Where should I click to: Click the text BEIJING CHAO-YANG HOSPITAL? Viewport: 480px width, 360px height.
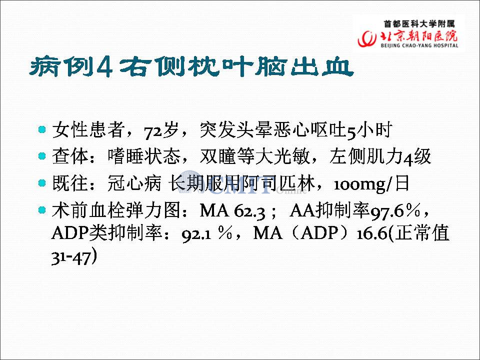pyautogui.click(x=419, y=45)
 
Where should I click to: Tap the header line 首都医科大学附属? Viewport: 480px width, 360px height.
pyautogui.click(x=419, y=24)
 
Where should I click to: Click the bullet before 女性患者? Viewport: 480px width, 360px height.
pyautogui.click(x=42, y=129)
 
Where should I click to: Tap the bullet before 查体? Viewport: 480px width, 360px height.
pyautogui.click(x=42, y=156)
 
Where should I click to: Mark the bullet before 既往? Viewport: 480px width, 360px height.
pyautogui.click(x=42, y=183)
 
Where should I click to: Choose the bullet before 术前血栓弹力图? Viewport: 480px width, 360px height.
pyautogui.click(x=42, y=210)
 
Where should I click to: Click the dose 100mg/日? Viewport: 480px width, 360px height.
pyautogui.click(x=371, y=184)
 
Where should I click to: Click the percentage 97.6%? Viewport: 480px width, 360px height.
pyautogui.click(x=395, y=211)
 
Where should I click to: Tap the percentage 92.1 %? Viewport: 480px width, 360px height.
pyautogui.click(x=207, y=234)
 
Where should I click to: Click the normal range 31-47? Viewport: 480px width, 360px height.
pyautogui.click(x=71, y=258)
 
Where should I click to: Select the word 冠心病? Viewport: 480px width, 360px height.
pyautogui.click(x=134, y=183)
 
